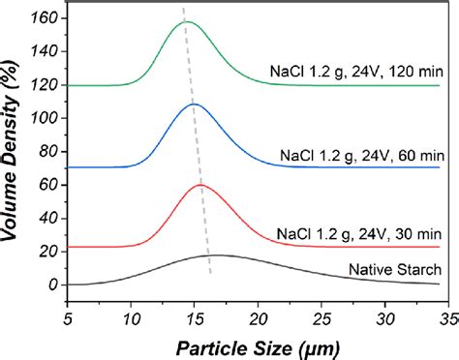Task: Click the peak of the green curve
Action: pyautogui.click(x=187, y=21)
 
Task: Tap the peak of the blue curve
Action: pyautogui.click(x=193, y=104)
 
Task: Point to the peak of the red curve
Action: pyautogui.click(x=200, y=185)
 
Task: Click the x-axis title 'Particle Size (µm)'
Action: pyautogui.click(x=258, y=344)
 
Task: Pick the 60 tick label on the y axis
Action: pyautogui.click(x=47, y=185)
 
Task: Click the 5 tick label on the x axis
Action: pyautogui.click(x=68, y=315)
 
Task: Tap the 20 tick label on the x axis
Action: pyautogui.click(x=258, y=315)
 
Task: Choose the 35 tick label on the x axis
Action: pyautogui.click(x=448, y=315)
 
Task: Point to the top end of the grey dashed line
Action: pyautogui.click(x=183, y=8)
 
